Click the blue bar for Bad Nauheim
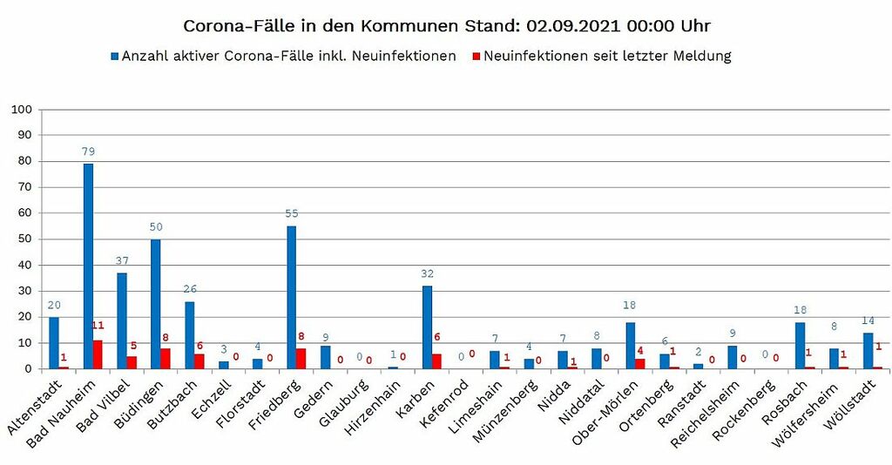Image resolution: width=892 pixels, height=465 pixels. click(x=88, y=266)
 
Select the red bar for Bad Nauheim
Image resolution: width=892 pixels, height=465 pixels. click(x=98, y=354)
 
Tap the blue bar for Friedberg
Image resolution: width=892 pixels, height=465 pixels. click(x=291, y=297)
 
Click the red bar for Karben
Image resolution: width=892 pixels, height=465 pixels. click(x=436, y=361)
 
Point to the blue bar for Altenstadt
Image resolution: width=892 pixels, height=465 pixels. click(x=54, y=342)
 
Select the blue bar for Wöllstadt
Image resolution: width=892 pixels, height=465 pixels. click(x=868, y=350)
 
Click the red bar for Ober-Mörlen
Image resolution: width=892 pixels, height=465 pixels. click(x=640, y=363)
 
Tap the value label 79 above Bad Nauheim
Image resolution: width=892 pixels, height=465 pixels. click(x=88, y=152)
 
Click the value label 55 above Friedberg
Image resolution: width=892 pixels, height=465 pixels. click(x=291, y=214)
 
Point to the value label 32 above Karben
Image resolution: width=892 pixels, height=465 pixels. click(x=427, y=273)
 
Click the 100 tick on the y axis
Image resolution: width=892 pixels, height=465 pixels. click(x=21, y=110)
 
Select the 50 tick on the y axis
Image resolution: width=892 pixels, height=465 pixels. click(x=24, y=239)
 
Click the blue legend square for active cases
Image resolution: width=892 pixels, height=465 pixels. click(x=114, y=57)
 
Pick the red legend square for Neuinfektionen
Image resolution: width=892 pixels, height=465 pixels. click(x=476, y=57)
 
